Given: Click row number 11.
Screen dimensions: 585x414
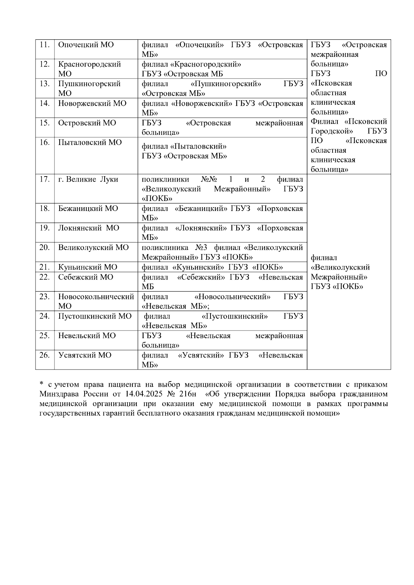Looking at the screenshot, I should [x=45, y=45].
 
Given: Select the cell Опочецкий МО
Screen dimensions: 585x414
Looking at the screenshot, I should [x=86, y=45].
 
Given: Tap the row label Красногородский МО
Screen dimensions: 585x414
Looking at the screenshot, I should [x=89, y=69].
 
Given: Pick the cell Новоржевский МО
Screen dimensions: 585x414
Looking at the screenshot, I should [x=92, y=103].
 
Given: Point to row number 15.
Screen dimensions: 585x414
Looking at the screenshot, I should [x=45, y=123].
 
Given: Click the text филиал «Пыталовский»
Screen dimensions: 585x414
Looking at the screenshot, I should [x=184, y=146].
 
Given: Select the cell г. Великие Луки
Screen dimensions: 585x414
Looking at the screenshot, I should [x=88, y=179].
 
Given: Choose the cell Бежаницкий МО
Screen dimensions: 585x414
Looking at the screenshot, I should [x=88, y=209].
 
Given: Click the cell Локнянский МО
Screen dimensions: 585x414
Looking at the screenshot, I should [x=89, y=228].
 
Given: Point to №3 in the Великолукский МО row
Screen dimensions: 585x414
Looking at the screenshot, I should [x=201, y=248].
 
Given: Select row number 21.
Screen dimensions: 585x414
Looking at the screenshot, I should [x=45, y=267].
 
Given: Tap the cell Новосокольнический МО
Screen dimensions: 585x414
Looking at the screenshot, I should [x=96, y=301].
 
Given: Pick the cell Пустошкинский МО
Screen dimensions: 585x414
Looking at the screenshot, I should [x=95, y=316].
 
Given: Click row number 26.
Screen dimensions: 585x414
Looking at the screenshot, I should [x=45, y=355].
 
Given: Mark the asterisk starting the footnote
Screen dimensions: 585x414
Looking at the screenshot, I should [x=41, y=384].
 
